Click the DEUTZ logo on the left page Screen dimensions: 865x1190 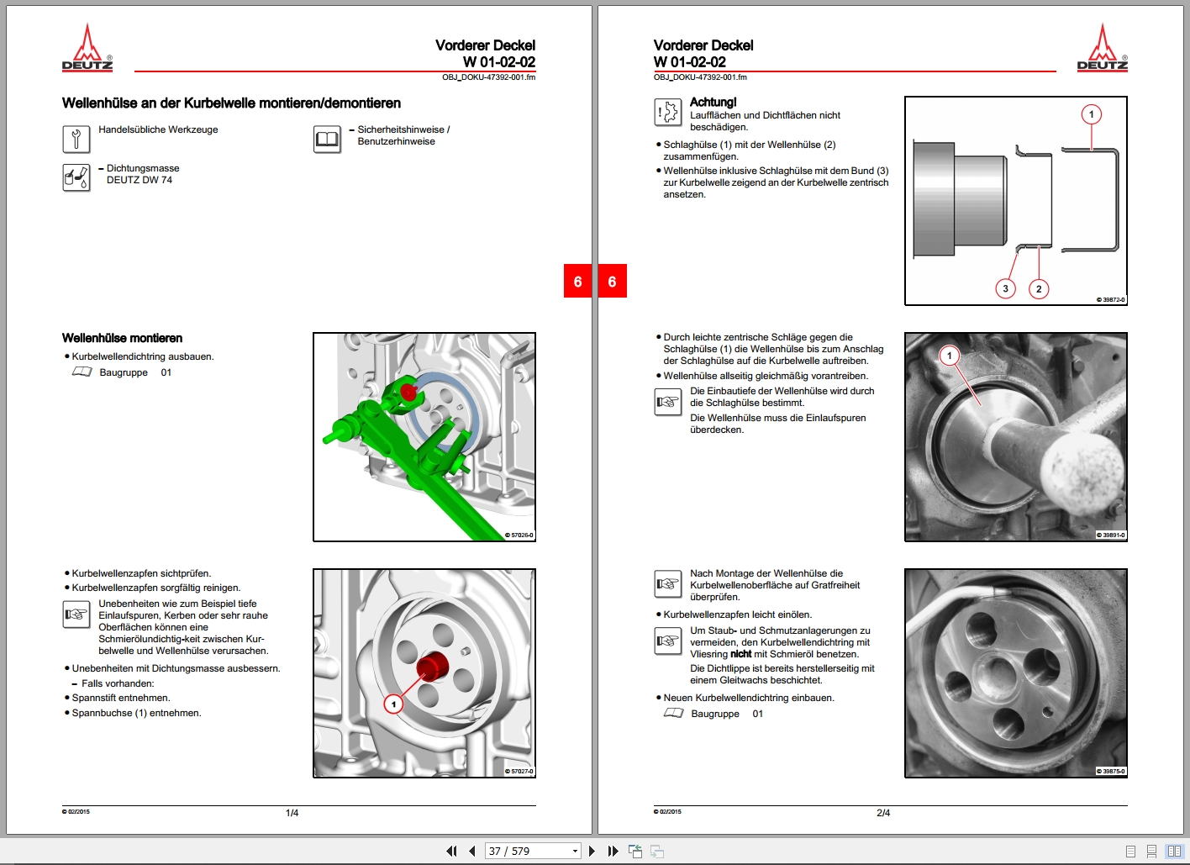(x=87, y=48)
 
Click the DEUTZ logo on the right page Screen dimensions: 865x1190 (x=1102, y=48)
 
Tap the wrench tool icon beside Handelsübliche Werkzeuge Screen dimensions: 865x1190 (x=76, y=139)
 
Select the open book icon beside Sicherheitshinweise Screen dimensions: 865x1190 (x=327, y=140)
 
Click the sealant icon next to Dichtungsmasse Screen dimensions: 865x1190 (x=76, y=177)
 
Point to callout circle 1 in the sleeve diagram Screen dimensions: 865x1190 (x=1091, y=114)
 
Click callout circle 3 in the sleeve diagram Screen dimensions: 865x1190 (x=1005, y=288)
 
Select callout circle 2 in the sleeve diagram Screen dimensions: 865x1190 (x=1039, y=288)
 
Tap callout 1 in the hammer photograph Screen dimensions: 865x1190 (x=950, y=356)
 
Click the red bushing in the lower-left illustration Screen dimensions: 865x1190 (x=432, y=667)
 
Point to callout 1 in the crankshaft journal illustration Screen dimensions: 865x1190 (x=393, y=704)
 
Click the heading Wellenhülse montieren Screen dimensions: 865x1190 (x=122, y=338)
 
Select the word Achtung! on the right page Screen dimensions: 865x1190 (x=713, y=102)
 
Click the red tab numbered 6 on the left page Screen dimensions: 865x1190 (x=577, y=282)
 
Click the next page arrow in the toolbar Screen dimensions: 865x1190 (x=592, y=851)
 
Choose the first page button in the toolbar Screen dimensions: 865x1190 (x=451, y=851)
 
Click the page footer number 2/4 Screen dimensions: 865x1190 (x=883, y=813)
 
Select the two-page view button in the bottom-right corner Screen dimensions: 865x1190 (x=1174, y=851)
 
